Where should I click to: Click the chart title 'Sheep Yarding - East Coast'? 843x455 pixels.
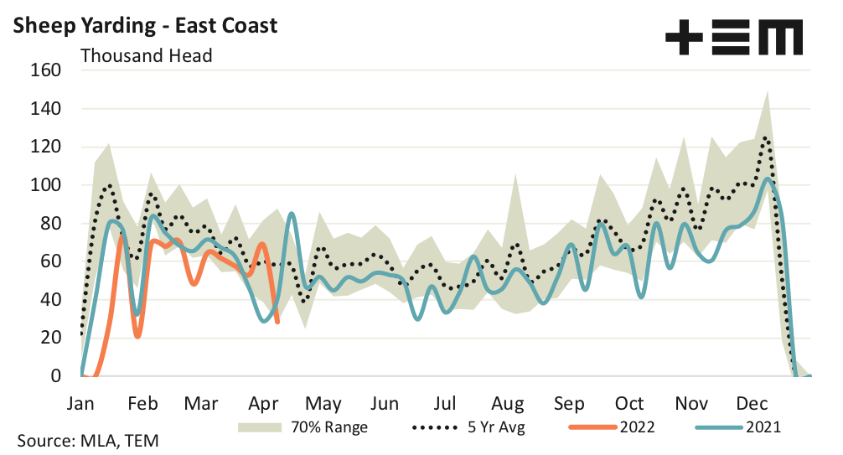[x=145, y=25]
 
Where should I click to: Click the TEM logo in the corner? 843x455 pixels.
[x=733, y=38]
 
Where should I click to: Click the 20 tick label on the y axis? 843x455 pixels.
[x=51, y=338]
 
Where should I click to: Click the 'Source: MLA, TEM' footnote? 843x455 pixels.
[x=88, y=441]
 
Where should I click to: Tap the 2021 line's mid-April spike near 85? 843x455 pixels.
[x=291, y=214]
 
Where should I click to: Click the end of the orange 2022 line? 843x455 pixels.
[x=277, y=323]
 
